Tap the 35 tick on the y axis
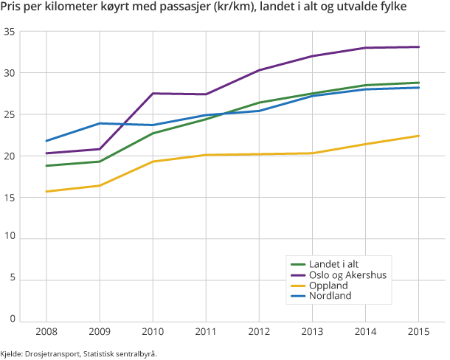pyautogui.click(x=10, y=32)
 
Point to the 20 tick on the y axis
pyautogui.click(x=10, y=156)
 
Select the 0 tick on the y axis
pyautogui.click(x=13, y=319)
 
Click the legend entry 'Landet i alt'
pyautogui.click(x=334, y=263)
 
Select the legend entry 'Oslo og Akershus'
pyautogui.click(x=347, y=274)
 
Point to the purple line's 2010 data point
pyautogui.click(x=153, y=94)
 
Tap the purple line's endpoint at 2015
pyautogui.click(x=418, y=47)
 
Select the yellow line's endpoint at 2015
pyautogui.click(x=418, y=136)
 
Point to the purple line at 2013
pyautogui.click(x=312, y=56)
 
